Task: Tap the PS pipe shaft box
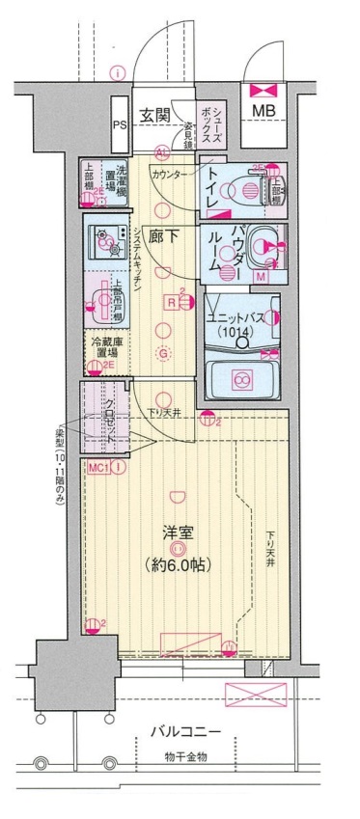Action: pyautogui.click(x=119, y=124)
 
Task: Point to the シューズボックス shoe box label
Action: pyautogui.click(x=211, y=123)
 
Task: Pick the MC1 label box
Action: pyautogui.click(x=97, y=468)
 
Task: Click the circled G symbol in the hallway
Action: pyautogui.click(x=164, y=353)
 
